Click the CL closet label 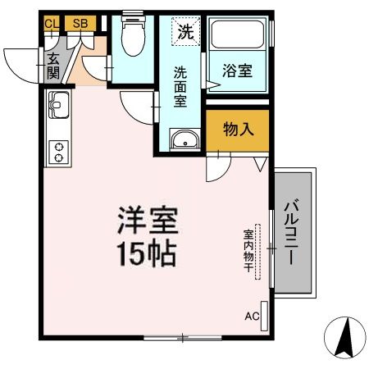(x=52, y=23)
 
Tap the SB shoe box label (x=80, y=23)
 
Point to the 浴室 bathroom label (x=239, y=72)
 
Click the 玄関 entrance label (x=53, y=66)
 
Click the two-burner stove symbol (x=59, y=151)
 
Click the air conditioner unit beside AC (x=265, y=317)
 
